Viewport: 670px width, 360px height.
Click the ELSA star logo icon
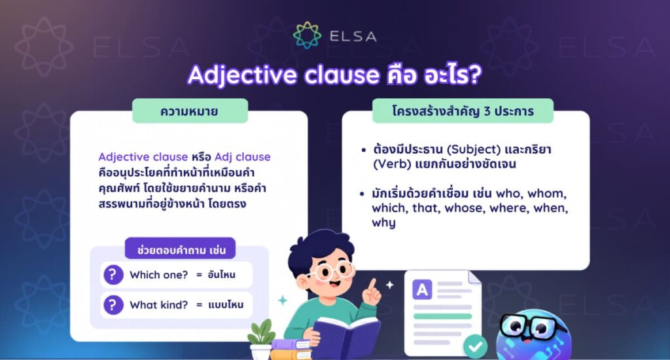pyautogui.click(x=308, y=35)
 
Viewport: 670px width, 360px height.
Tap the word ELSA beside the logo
pyautogui.click(x=353, y=37)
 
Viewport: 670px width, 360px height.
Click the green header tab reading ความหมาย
pyautogui.click(x=190, y=111)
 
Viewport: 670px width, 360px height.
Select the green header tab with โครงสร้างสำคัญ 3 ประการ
pyautogui.click(x=463, y=111)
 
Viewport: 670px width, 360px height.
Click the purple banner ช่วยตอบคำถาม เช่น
pyautogui.click(x=181, y=249)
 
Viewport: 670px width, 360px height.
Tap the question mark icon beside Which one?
pyautogui.click(x=113, y=274)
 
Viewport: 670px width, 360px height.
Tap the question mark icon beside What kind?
pyautogui.click(x=113, y=305)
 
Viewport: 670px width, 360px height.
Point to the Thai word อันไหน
pyautogui.click(x=221, y=274)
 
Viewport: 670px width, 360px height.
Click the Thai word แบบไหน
pyautogui.click(x=226, y=305)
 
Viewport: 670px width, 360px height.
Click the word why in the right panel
pyautogui.click(x=383, y=223)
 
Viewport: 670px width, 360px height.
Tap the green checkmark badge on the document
pyautogui.click(x=475, y=346)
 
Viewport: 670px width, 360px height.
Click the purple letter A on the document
pyautogui.click(x=422, y=290)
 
